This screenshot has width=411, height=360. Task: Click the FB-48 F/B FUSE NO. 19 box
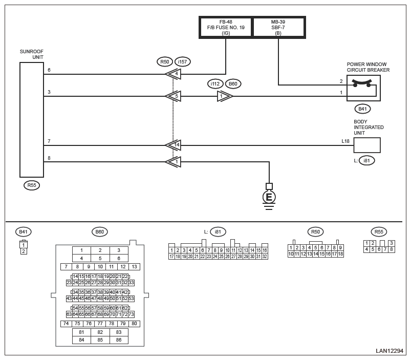(226, 28)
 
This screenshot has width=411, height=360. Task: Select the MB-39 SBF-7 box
(278, 28)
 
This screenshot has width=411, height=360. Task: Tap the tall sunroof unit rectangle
(32, 120)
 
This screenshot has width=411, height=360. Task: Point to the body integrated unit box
(366, 145)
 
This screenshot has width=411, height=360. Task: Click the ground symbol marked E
(269, 197)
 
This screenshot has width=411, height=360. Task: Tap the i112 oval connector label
(215, 84)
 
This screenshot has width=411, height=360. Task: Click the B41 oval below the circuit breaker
(362, 109)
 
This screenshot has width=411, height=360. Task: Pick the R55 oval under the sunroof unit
(32, 185)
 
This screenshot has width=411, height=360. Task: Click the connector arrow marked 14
(174, 145)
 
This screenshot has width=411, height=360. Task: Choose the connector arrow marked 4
(174, 74)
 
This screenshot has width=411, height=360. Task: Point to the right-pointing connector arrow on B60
(224, 96)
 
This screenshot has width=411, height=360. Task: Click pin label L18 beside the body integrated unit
(345, 141)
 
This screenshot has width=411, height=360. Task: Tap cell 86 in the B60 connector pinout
(119, 340)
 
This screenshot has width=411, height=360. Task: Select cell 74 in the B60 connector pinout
(66, 324)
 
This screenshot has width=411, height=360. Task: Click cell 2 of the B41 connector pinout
(24, 251)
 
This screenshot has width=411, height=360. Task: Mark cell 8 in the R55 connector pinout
(391, 249)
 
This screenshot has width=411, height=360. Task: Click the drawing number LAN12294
(390, 351)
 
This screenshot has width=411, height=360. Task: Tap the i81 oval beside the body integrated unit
(366, 160)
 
